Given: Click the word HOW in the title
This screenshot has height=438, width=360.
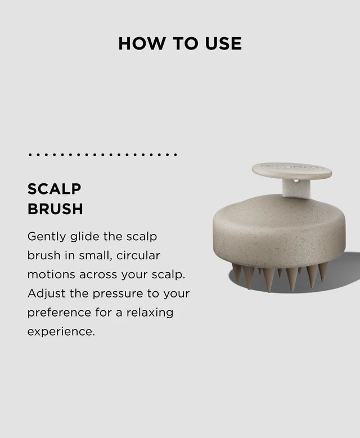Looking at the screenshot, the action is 142,44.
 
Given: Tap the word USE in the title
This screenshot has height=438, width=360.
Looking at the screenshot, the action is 223,44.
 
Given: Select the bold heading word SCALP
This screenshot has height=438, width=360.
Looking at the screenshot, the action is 54,189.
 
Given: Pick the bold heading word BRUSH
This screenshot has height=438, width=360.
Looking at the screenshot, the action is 55,209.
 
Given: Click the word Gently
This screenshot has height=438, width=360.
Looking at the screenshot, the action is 47,237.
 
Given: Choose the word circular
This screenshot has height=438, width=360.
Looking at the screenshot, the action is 138,255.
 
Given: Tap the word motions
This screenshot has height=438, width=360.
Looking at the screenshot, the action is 51,274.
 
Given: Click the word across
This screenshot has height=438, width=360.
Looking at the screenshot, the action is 98,275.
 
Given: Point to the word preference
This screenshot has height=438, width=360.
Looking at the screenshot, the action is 59,313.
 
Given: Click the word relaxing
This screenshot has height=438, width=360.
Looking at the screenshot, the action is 150,313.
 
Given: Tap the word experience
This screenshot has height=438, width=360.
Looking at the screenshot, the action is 61,332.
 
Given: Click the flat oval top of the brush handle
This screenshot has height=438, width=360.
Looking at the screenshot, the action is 292,171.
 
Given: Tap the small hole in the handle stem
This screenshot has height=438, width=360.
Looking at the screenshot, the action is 296,181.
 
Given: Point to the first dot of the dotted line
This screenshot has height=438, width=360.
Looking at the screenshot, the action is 30,155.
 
